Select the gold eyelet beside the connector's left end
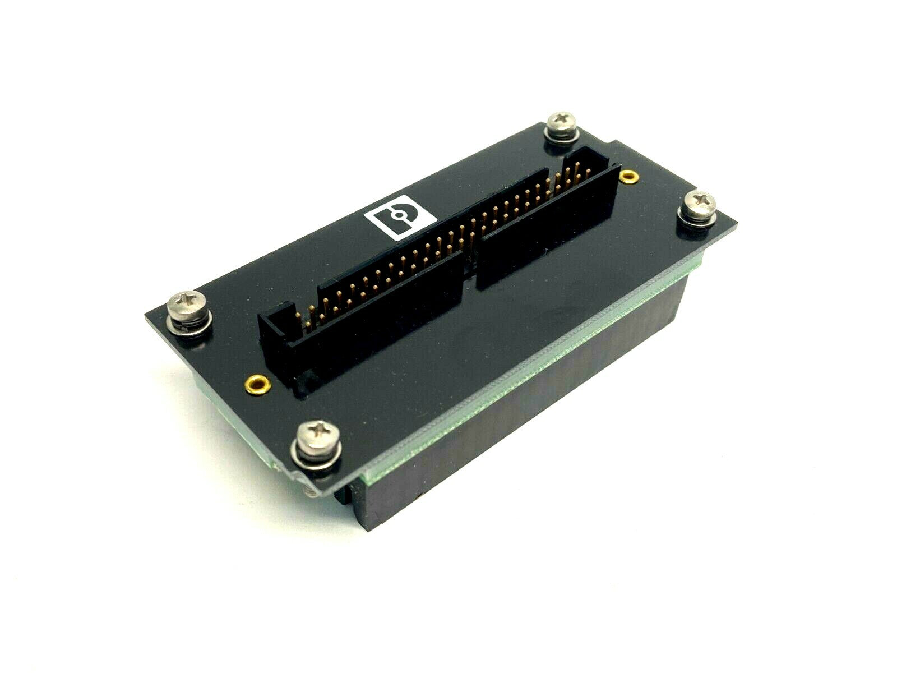[x=258, y=384]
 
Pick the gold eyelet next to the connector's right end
[x=627, y=177]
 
